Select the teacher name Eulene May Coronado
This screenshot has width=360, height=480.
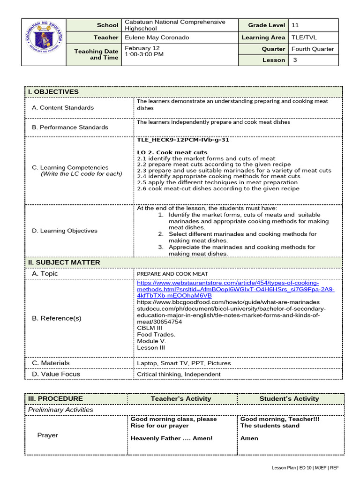click(x=157, y=37)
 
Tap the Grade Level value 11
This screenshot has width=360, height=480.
click(x=295, y=25)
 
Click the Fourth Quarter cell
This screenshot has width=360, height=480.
click(x=313, y=49)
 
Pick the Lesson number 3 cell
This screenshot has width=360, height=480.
click(x=295, y=60)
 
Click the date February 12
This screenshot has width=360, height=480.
click(x=142, y=48)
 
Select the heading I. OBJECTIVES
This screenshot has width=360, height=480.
click(x=53, y=92)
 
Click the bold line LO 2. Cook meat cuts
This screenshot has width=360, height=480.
click(x=172, y=152)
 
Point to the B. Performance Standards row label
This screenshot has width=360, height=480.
click(x=69, y=127)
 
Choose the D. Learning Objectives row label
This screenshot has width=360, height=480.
click(x=65, y=231)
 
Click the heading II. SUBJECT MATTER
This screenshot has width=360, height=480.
click(x=64, y=262)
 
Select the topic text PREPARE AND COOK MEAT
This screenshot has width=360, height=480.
click(x=172, y=274)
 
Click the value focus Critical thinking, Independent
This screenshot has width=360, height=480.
click(x=179, y=375)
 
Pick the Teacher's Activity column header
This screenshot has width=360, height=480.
click(x=181, y=399)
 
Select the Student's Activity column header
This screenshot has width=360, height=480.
click(x=289, y=399)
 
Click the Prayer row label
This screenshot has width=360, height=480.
click(x=48, y=435)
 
